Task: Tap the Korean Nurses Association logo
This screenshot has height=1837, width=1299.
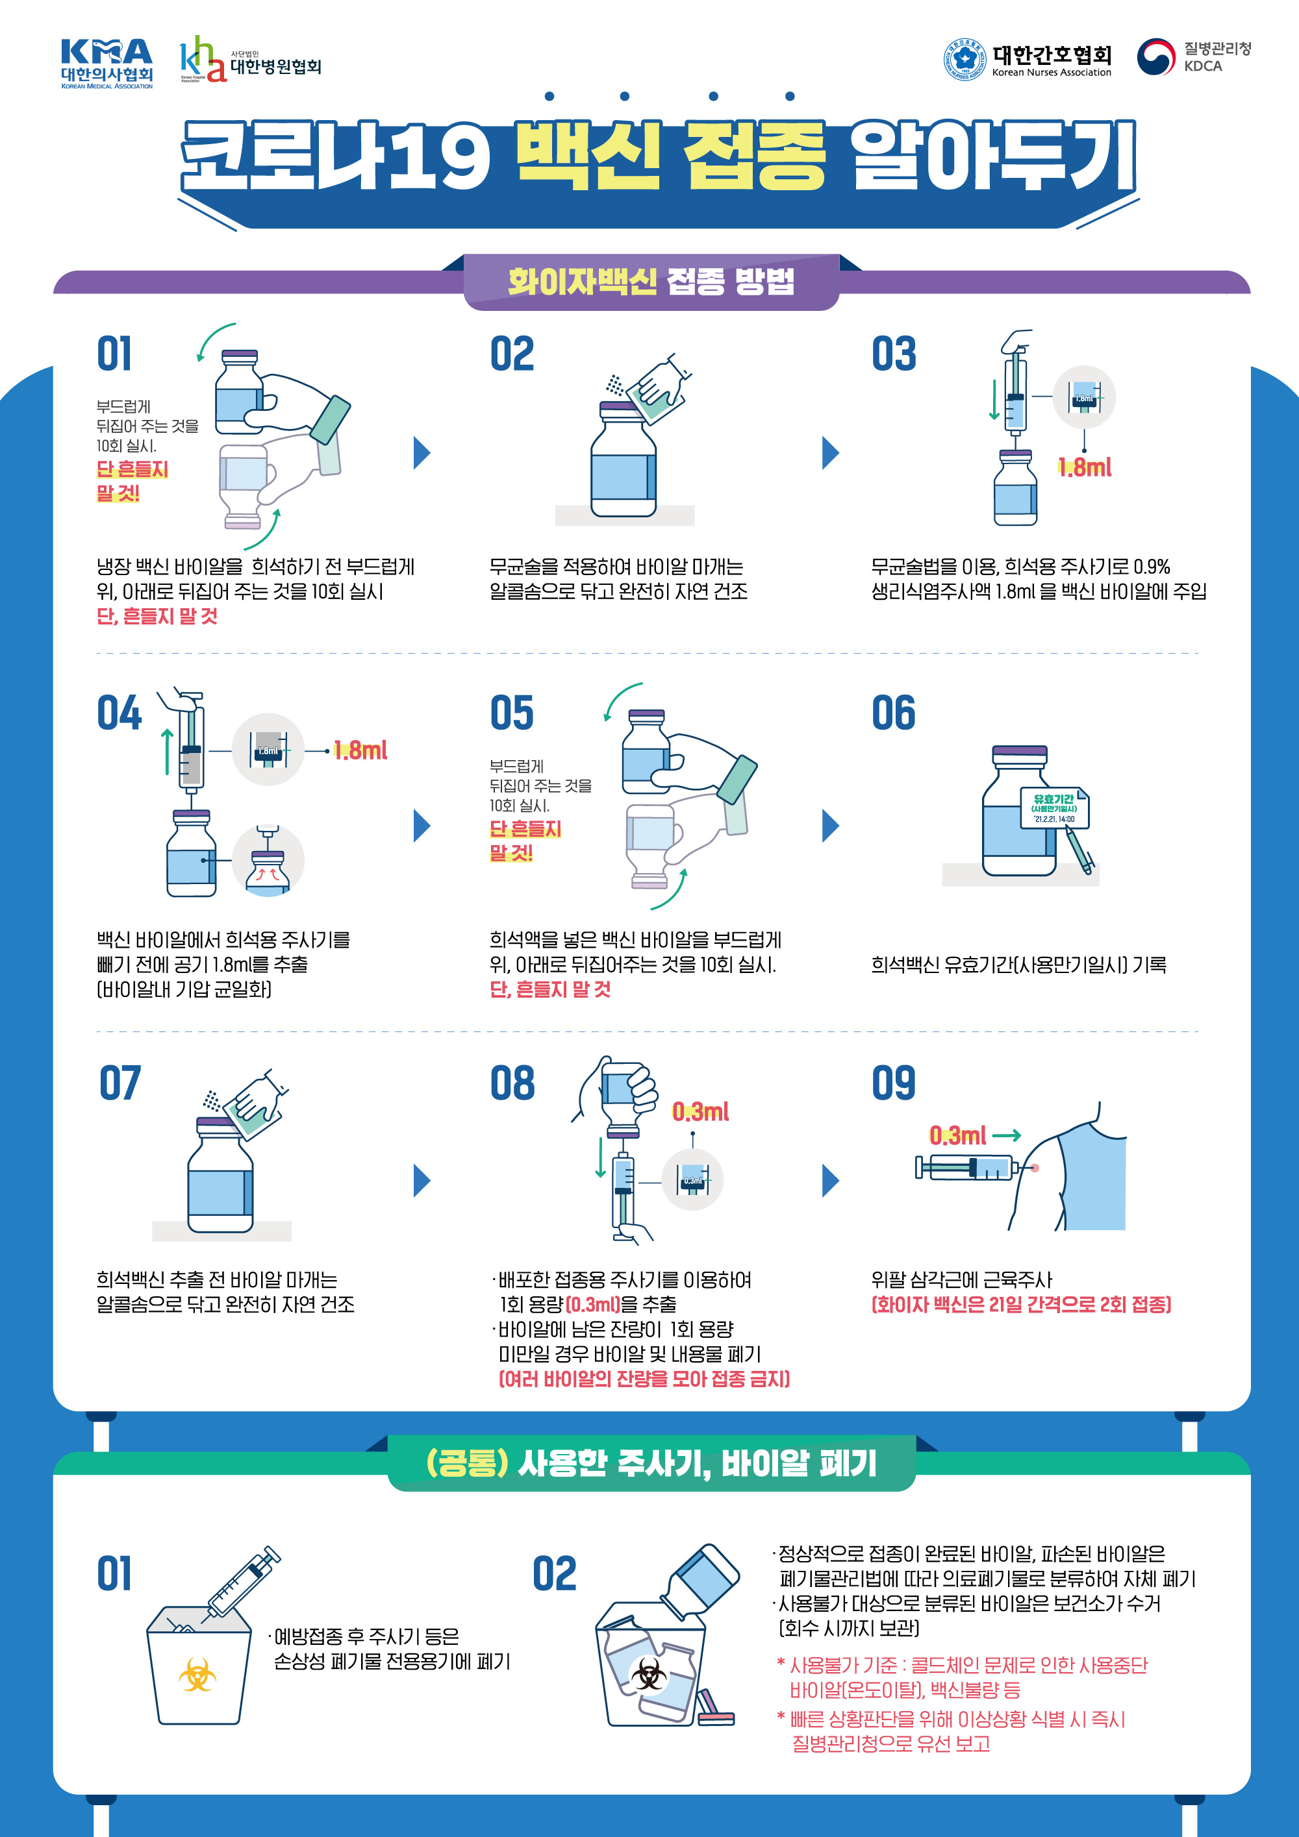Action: (1028, 59)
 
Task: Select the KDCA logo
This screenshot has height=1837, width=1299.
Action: (1193, 57)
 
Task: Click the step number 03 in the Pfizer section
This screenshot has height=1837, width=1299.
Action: (894, 354)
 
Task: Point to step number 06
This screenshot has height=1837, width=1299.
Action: (894, 713)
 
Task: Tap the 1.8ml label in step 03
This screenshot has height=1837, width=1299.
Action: (1085, 467)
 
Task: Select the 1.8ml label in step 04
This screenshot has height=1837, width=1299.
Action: (360, 750)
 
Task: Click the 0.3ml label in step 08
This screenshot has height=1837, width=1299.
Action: (700, 1111)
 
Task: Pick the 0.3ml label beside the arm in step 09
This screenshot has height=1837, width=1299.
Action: (957, 1135)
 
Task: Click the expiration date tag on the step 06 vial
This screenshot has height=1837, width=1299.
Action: (1054, 808)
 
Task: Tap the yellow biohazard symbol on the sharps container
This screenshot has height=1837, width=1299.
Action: (197, 1675)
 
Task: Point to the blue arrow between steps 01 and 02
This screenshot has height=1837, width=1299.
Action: (422, 453)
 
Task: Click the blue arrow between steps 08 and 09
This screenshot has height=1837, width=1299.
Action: (831, 1180)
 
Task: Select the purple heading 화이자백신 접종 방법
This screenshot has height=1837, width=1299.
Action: (651, 282)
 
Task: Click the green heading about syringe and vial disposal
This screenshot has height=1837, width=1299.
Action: (651, 1462)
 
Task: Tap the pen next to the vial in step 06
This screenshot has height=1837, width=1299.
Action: (1079, 850)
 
